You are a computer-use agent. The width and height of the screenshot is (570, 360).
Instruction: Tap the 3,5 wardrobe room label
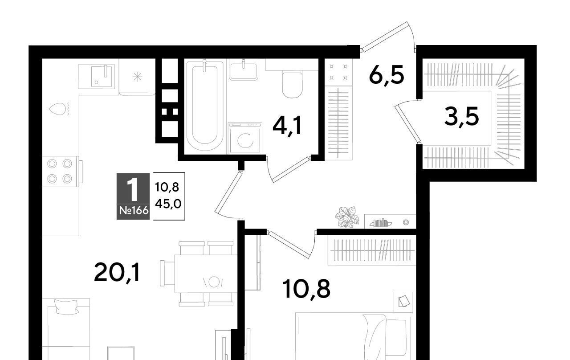coord(462,116)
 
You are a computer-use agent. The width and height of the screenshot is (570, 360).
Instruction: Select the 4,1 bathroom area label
coord(287,126)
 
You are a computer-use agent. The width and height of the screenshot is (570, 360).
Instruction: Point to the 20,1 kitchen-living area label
coord(117,273)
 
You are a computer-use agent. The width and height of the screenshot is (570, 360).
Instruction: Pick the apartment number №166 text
coord(134,211)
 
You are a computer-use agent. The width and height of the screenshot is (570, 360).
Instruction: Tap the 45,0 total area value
coord(168,204)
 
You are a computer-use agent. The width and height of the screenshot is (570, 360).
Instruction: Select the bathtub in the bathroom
coord(205,105)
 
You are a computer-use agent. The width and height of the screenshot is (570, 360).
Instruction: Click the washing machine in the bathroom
coord(245,138)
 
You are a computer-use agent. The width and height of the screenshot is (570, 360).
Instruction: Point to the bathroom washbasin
coord(243,70)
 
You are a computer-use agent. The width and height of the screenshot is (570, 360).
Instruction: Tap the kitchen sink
coord(97,77)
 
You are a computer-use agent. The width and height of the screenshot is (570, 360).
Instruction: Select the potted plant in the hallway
coord(347,217)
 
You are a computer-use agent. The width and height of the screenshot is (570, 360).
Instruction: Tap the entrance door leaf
coord(385,37)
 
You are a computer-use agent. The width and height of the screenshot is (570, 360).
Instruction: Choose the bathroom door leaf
coord(291,169)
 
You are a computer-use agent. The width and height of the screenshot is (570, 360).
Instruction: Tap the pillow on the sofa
coord(66,307)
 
